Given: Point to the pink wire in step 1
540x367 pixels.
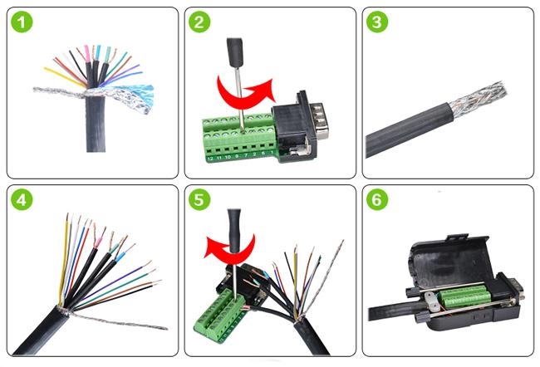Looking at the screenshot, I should (83, 56).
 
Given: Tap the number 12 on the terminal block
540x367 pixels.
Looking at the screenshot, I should (211, 157).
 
